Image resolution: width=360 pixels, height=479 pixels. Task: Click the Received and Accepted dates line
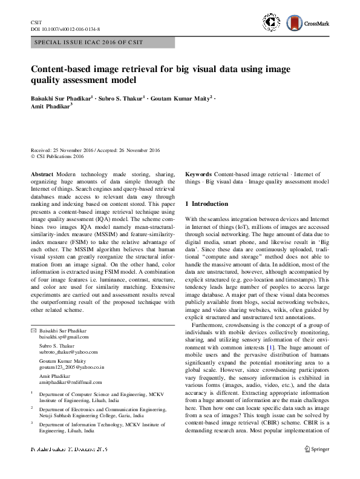(94, 150)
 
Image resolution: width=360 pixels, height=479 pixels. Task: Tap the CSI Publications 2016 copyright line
(60, 156)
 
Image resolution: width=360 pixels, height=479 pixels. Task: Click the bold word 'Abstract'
(42, 174)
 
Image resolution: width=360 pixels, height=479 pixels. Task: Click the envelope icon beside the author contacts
(33, 330)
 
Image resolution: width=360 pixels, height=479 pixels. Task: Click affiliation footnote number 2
(32, 409)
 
